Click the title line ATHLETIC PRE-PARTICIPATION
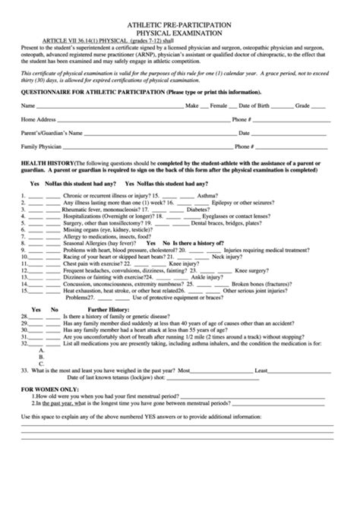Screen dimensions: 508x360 coord(179,25)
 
